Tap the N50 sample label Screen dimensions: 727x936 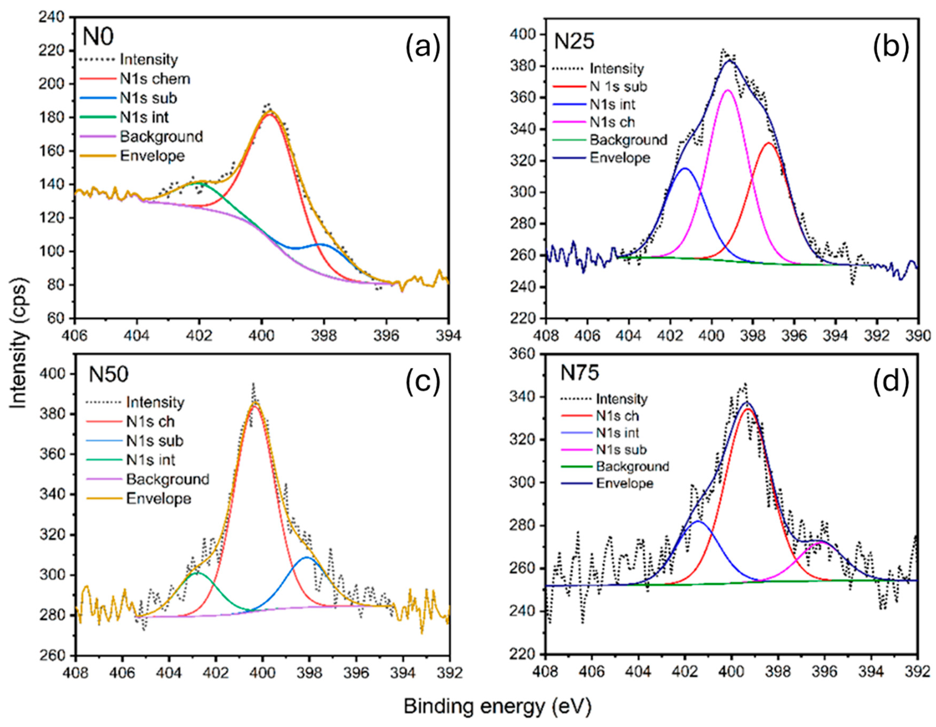108,375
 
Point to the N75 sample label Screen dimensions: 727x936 580,373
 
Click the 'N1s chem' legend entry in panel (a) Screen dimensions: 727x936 155,79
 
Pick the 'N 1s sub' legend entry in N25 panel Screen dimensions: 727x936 618,87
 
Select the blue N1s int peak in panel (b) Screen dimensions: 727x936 685,168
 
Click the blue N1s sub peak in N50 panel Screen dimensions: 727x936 307,557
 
